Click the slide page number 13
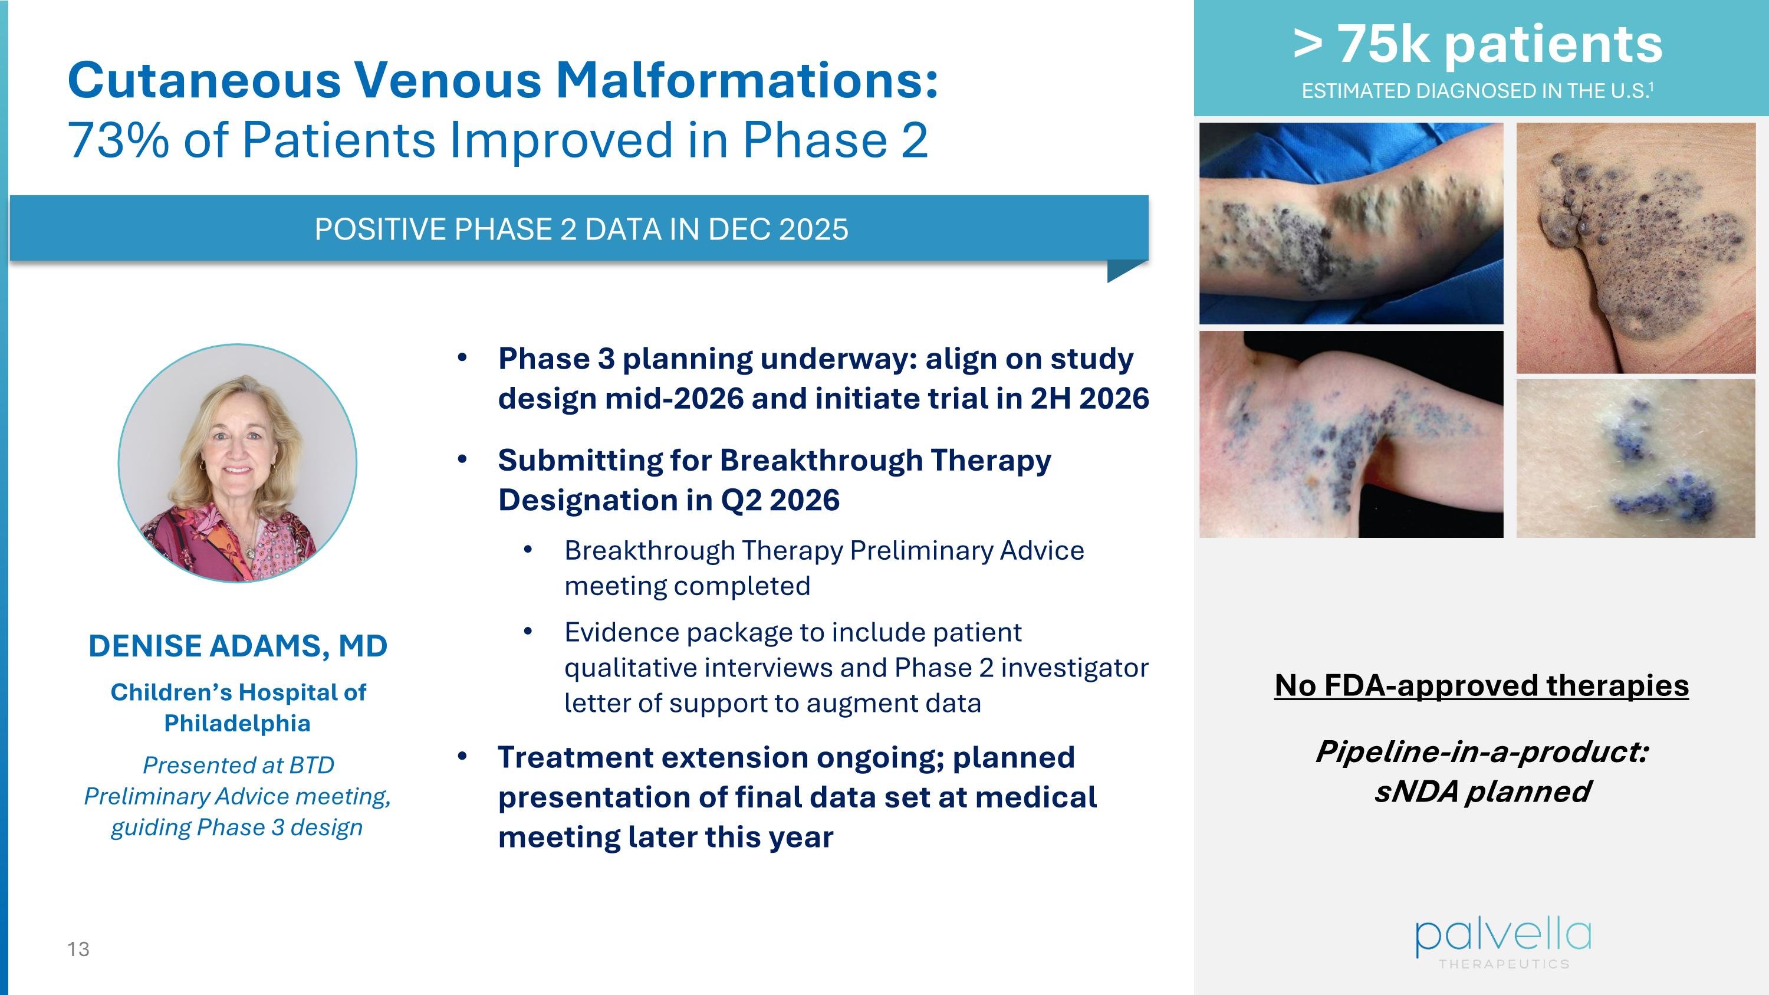[78, 949]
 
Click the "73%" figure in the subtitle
[118, 140]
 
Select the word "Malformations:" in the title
[747, 80]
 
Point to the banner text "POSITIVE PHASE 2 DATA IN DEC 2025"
[581, 229]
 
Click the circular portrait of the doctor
[238, 464]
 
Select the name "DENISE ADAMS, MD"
[238, 646]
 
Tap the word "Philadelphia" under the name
[238, 723]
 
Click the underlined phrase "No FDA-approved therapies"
[1481, 685]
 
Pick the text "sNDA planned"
[1482, 791]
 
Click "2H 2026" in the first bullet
[1089, 398]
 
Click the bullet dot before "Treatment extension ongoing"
[462, 757]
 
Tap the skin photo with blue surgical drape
[1351, 223]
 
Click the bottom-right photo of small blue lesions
[1635, 459]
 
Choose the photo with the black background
[1351, 435]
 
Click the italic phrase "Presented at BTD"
[238, 765]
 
